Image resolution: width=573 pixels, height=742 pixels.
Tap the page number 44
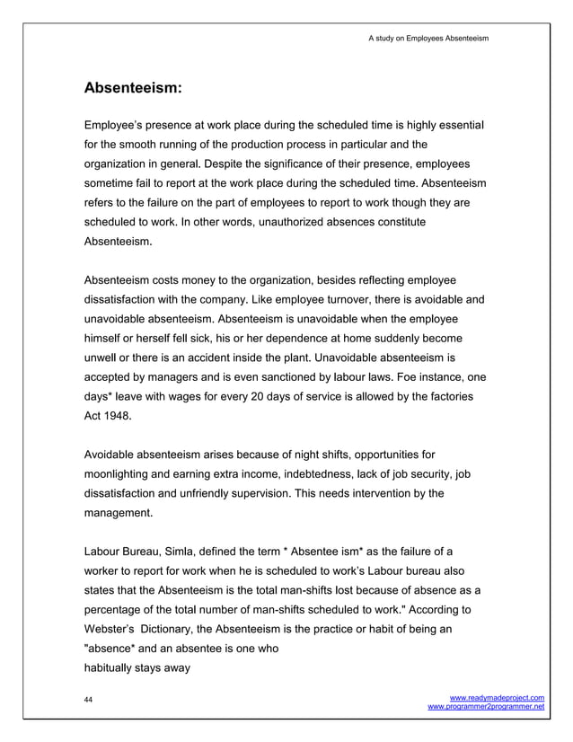(88, 699)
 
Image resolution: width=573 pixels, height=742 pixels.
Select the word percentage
(121, 611)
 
